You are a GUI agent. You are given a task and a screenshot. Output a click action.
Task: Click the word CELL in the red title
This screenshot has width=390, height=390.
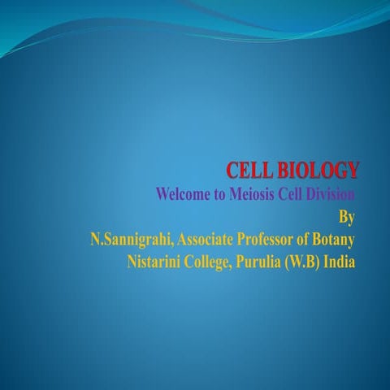249,171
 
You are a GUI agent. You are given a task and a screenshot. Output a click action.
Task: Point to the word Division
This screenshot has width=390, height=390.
329,195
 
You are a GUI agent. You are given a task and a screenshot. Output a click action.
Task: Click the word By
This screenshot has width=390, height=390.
347,217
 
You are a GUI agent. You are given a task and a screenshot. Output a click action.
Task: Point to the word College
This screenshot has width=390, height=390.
220,262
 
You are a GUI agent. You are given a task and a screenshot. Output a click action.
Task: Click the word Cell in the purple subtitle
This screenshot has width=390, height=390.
294,195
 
